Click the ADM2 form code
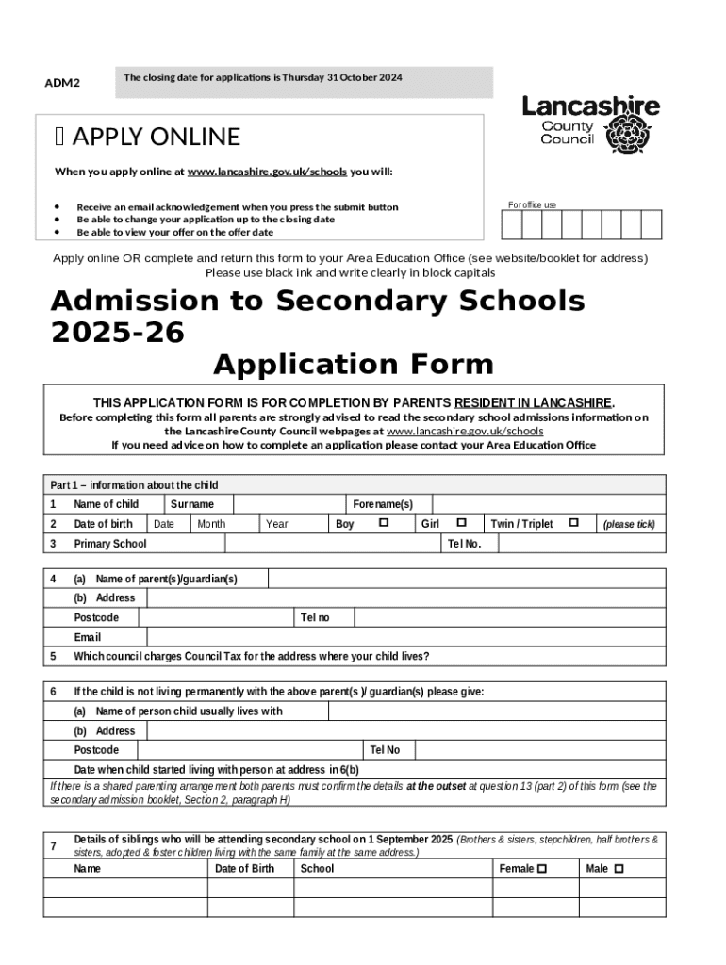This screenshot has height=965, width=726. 62,83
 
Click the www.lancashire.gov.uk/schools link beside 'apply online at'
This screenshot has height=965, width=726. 267,172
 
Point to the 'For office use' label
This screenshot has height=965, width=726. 532,204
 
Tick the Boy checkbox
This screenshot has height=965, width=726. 384,523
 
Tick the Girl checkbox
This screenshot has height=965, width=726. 461,523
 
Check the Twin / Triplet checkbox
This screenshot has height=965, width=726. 573,523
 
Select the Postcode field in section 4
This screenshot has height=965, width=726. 218,618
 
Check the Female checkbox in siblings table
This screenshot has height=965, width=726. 541,869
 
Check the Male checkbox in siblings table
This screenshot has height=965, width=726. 619,869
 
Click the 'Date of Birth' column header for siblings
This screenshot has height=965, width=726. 244,869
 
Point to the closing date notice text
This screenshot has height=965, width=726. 263,77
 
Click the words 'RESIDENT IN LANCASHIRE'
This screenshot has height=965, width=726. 534,402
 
